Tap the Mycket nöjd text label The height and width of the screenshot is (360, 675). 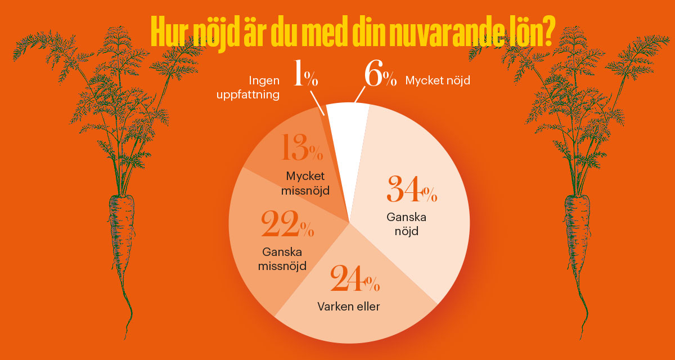438,81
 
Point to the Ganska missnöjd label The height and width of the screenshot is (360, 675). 282,258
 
